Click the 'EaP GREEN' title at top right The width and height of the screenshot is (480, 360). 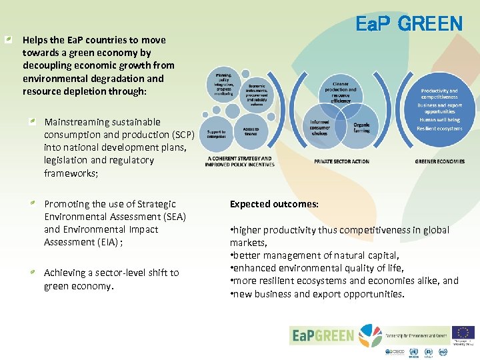point(409,24)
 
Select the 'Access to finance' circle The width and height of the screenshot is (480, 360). point(251,132)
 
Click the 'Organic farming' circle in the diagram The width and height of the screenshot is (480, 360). point(361,127)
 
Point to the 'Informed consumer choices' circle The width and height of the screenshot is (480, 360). point(320,127)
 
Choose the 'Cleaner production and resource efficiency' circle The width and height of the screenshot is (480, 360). point(340,92)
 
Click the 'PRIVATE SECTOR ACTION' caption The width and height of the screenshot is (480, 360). point(341,161)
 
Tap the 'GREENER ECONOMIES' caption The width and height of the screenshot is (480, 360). point(439,161)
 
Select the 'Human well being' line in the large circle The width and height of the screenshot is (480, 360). point(439,120)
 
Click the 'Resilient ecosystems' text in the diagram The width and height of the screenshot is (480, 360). point(439,129)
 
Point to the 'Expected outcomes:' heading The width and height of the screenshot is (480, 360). point(274,204)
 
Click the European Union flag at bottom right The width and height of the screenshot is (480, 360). point(463,333)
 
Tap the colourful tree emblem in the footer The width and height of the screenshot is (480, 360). point(371,335)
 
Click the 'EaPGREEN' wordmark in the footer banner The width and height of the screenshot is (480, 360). point(323,335)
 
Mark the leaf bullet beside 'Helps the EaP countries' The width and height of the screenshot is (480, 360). point(7,40)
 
